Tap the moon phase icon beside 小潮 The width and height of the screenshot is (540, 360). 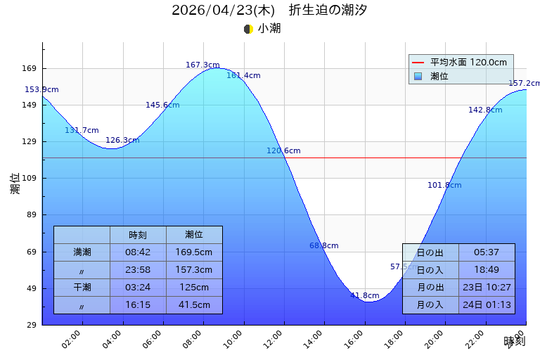pyautogui.click(x=248, y=29)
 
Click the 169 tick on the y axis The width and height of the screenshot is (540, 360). pyautogui.click(x=29, y=69)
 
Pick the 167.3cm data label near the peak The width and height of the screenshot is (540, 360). pyautogui.click(x=202, y=65)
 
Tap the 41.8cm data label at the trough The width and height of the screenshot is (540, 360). pyautogui.click(x=364, y=296)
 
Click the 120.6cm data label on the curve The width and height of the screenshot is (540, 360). pyautogui.click(x=283, y=151)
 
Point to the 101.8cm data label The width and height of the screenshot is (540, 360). pyautogui.click(x=444, y=186)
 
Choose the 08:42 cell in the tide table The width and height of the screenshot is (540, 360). pyautogui.click(x=138, y=252)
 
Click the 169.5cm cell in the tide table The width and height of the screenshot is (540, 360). pyautogui.click(x=194, y=252)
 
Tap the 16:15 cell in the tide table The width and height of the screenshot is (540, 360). pyautogui.click(x=138, y=304)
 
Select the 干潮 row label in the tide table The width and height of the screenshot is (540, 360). pyautogui.click(x=82, y=287)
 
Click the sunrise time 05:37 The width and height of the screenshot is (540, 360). pyautogui.click(x=487, y=252)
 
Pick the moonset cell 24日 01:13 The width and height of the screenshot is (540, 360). pyautogui.click(x=487, y=304)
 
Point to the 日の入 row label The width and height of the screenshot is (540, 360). pyautogui.click(x=430, y=270)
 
